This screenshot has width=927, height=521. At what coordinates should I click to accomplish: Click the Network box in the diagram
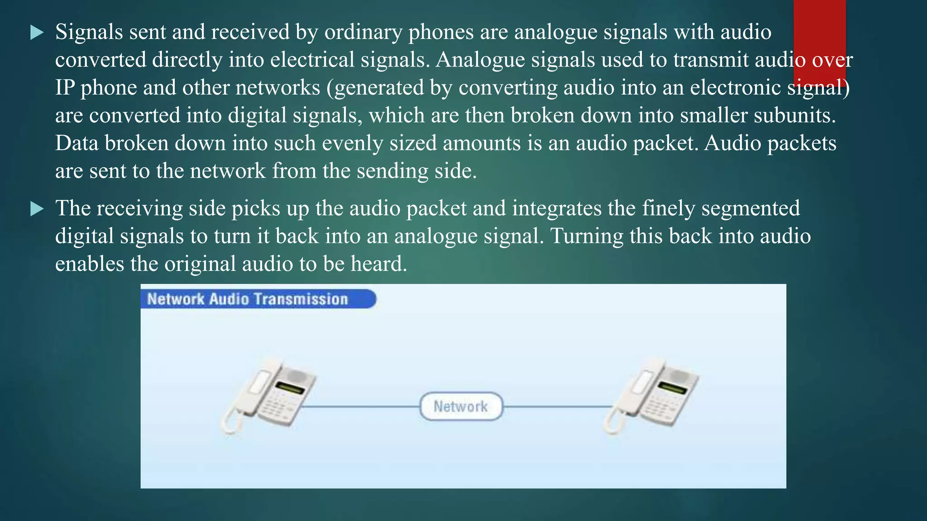461,406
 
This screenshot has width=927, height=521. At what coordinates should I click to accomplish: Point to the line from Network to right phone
557,407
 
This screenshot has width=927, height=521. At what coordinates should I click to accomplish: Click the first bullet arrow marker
37,33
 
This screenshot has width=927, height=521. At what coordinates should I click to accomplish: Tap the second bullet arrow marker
37,209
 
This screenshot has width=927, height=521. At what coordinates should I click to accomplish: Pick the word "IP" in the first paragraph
64,88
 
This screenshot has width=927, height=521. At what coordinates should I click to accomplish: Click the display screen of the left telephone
290,388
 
